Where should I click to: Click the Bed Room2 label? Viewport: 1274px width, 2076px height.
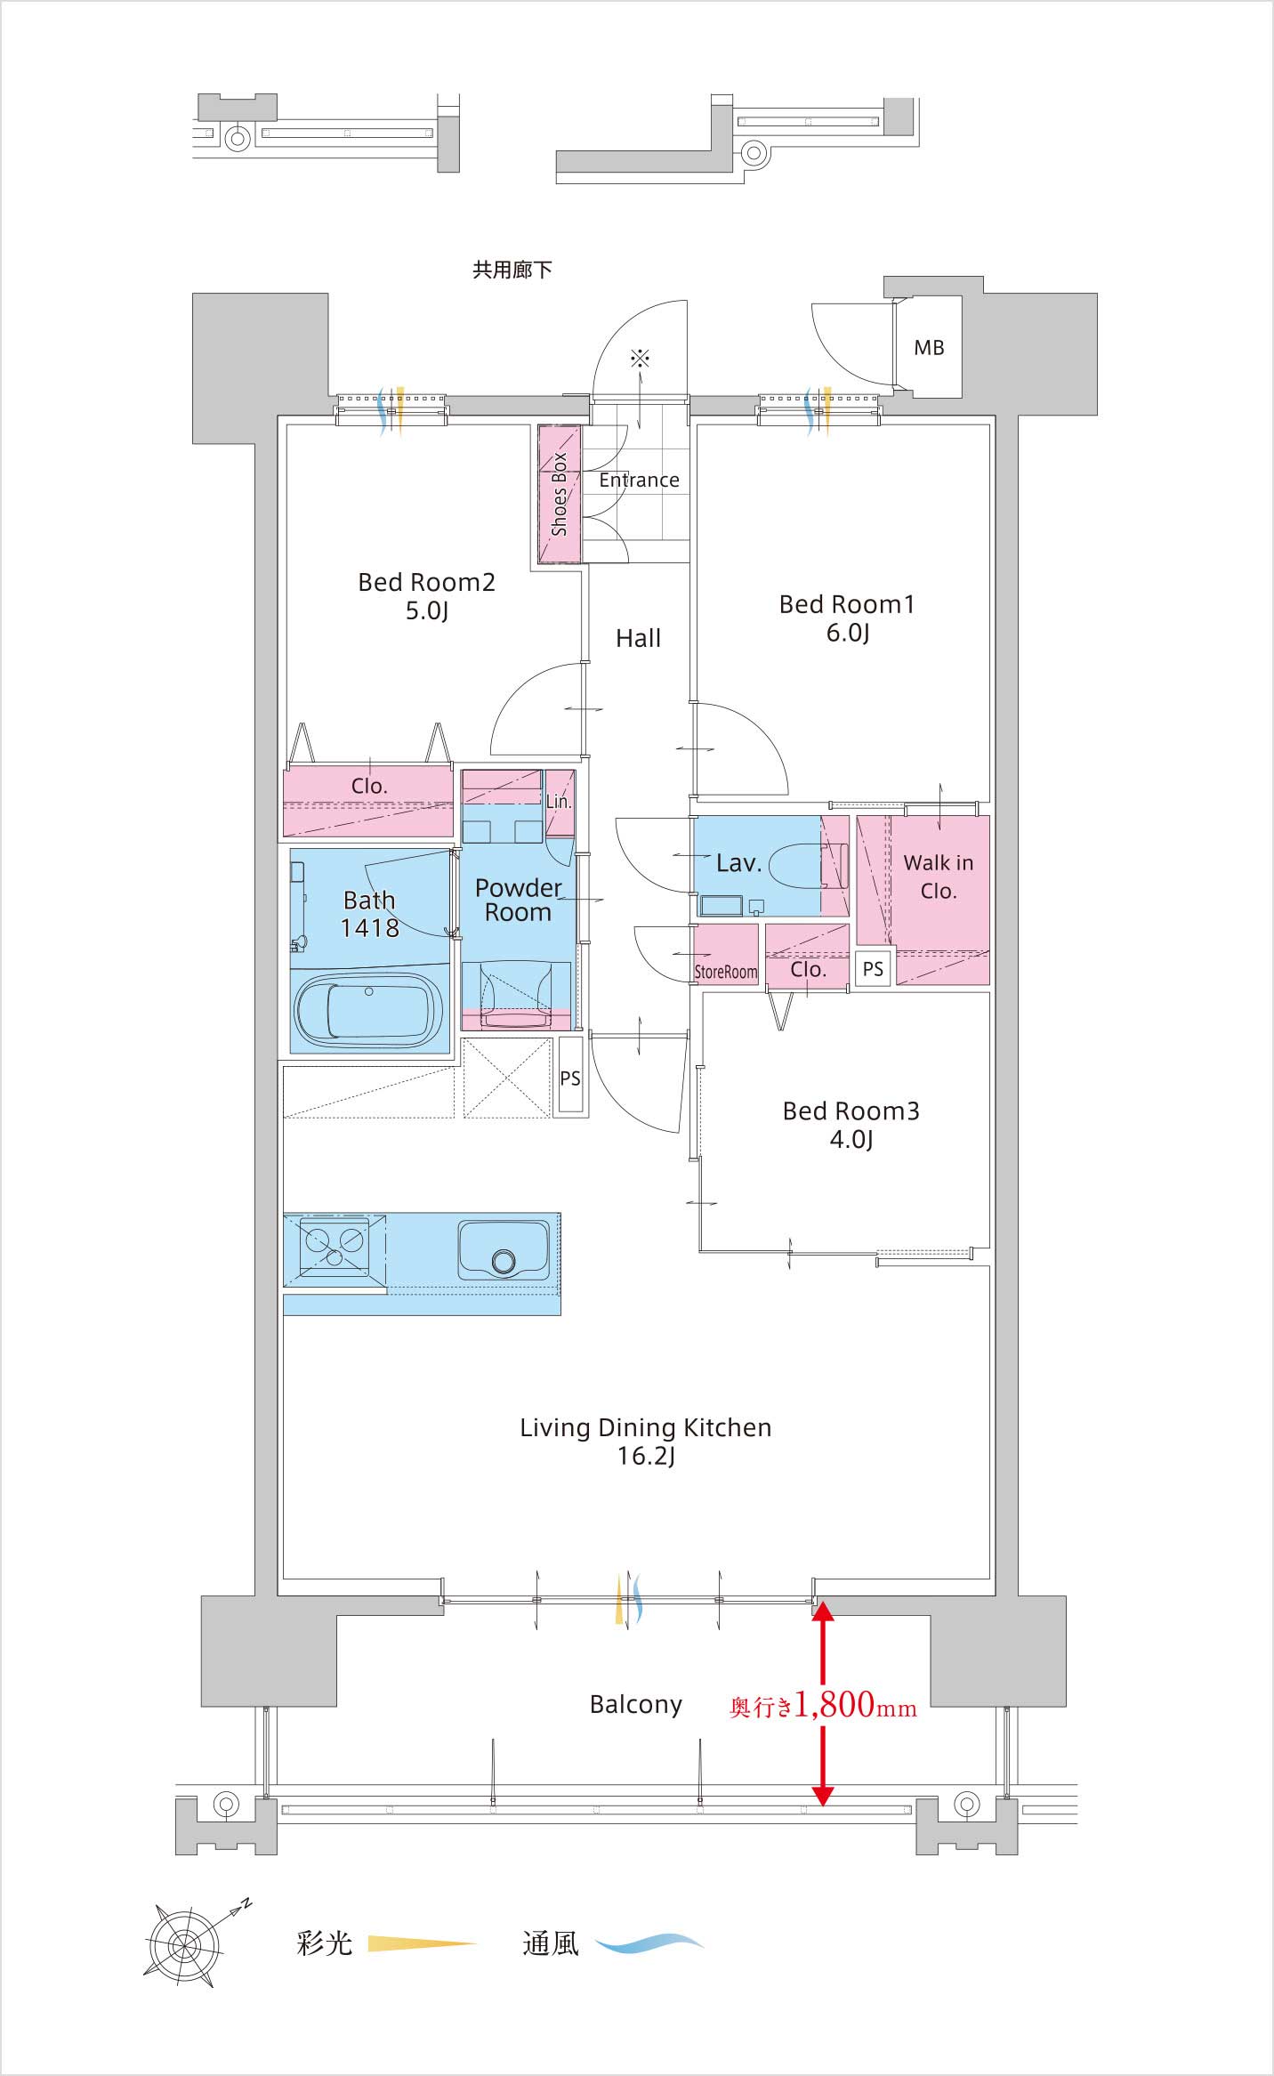coord(426,583)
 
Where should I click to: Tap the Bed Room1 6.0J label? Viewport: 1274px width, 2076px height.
coord(847,618)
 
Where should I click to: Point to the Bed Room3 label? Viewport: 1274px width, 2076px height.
coord(851,1111)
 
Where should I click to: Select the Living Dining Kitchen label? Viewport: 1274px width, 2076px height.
coord(645,1428)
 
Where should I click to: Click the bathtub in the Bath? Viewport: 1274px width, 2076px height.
coord(368,1012)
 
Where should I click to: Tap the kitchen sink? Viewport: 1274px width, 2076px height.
coord(504,1249)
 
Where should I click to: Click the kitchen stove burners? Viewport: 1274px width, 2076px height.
coord(335,1244)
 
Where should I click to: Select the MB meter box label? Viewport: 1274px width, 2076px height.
coord(929,348)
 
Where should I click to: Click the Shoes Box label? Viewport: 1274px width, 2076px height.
coord(560,495)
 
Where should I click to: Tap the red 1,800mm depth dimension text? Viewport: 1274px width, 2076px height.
coord(823,1704)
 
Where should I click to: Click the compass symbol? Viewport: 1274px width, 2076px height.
coord(186,1946)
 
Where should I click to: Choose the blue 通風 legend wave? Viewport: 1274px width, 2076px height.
coord(649,1943)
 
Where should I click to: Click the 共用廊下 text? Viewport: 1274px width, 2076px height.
coord(512,270)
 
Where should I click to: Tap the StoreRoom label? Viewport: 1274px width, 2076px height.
coord(726,973)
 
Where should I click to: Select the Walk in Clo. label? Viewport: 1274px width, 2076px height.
coord(939,876)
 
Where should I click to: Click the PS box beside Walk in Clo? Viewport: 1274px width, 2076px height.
coord(873,968)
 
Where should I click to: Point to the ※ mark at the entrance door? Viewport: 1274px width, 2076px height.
coord(640,359)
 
